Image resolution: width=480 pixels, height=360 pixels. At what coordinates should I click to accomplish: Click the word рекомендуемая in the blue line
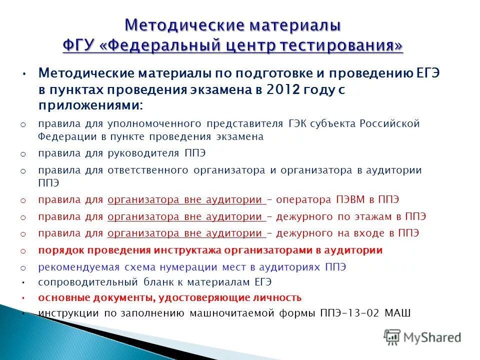(72, 267)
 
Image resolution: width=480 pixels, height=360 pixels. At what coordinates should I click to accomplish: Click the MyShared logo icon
(392, 337)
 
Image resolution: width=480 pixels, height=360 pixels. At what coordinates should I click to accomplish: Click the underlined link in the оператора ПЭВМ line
(186, 199)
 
